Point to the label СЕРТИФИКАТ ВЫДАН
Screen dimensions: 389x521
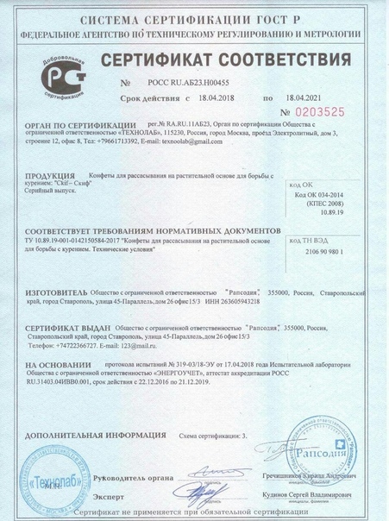(x=68, y=330)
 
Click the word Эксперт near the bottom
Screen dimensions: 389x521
(x=110, y=496)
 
